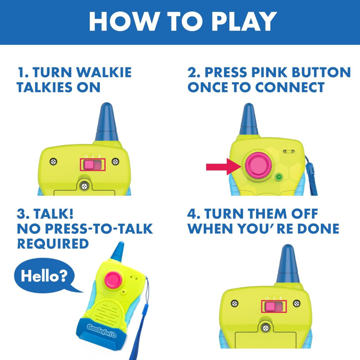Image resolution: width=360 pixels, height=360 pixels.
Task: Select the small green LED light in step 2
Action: (279, 177)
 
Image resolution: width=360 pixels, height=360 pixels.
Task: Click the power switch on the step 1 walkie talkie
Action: (93, 165)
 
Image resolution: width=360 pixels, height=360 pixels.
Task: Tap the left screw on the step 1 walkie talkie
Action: (54, 161)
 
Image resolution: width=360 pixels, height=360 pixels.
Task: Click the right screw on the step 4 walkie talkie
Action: (296, 303)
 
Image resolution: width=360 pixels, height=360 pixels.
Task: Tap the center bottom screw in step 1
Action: (84, 185)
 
